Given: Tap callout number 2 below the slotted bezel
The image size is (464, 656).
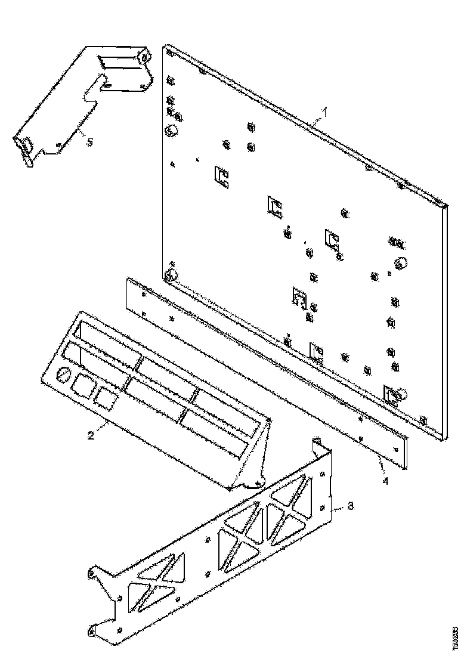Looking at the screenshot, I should point(91,435).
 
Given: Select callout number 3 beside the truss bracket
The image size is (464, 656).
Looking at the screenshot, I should point(350,506).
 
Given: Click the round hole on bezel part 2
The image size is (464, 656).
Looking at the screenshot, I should point(63,376).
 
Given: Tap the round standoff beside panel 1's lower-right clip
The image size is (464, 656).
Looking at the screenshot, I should point(401,394).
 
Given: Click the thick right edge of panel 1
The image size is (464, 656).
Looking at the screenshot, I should point(444,322).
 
